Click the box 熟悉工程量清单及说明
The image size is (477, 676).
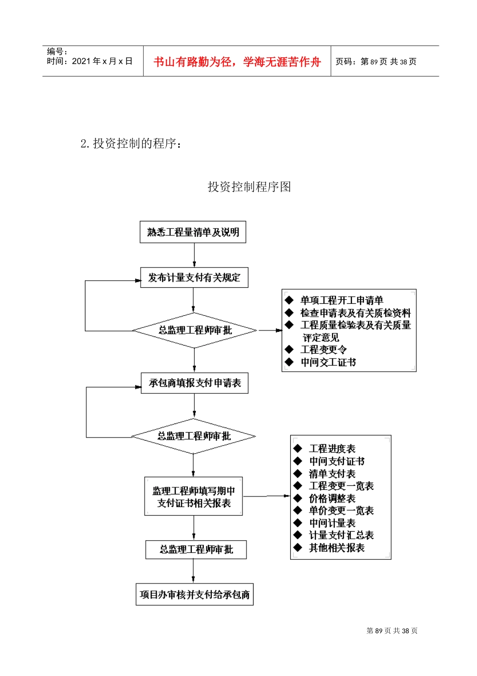point(193,232)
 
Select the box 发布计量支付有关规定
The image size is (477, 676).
point(194,278)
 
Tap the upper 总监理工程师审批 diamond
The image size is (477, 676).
point(195,330)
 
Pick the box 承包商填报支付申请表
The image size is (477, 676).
point(194,383)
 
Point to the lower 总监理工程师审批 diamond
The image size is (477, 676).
point(194,436)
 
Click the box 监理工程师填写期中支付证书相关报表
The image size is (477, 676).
point(193,496)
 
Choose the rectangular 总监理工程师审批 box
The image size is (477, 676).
point(196,550)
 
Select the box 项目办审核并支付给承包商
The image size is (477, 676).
point(194,595)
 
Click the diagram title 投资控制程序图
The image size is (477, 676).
point(249,187)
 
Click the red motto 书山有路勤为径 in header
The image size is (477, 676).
point(237,62)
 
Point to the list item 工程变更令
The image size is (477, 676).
point(324,350)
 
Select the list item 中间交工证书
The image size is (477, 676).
point(328,362)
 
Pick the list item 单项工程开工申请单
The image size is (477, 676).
point(341,300)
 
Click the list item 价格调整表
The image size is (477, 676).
point(332,498)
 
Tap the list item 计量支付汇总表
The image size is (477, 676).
point(341,535)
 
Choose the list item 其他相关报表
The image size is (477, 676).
point(336,548)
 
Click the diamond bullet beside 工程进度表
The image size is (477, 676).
point(298,449)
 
